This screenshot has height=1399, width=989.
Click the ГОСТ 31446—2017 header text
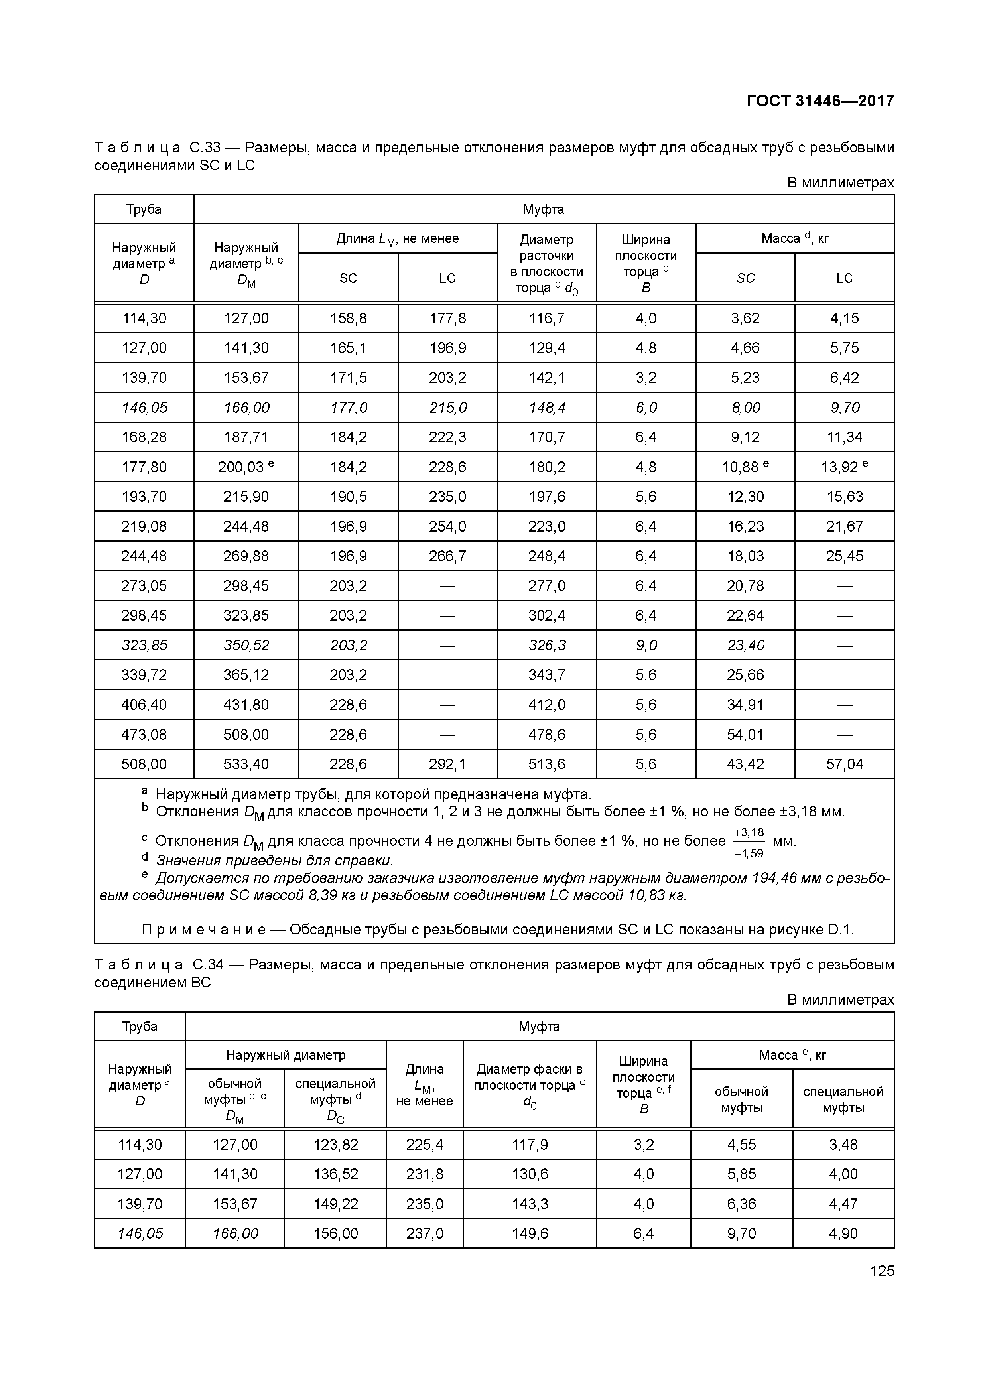820,100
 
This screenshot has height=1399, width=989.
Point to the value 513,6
547,764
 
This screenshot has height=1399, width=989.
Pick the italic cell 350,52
246,645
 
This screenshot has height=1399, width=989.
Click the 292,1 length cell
447,764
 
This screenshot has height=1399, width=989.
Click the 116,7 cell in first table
547,318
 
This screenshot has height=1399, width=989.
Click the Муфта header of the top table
543,209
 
